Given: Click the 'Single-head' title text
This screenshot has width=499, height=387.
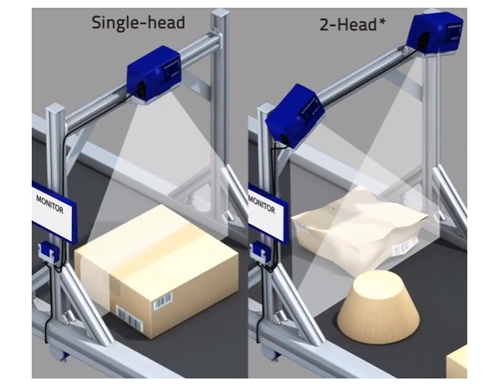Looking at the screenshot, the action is pyautogui.click(x=138, y=23).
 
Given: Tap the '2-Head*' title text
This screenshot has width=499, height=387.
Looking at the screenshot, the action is pyautogui.click(x=352, y=25).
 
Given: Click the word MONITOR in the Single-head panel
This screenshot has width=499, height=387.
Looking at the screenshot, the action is pyautogui.click(x=50, y=204).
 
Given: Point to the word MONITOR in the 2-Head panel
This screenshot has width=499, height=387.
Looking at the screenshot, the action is pyautogui.click(x=261, y=204).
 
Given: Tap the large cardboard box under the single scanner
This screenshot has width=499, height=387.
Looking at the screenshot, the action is pyautogui.click(x=156, y=271).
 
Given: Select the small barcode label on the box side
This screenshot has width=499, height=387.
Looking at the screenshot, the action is pyautogui.click(x=163, y=301).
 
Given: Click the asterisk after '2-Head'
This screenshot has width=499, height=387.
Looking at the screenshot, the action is pyautogui.click(x=381, y=22).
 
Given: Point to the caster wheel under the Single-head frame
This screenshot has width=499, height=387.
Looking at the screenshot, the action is pyautogui.click(x=60, y=353).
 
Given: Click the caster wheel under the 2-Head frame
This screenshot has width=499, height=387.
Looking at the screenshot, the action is pyautogui.click(x=272, y=353).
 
